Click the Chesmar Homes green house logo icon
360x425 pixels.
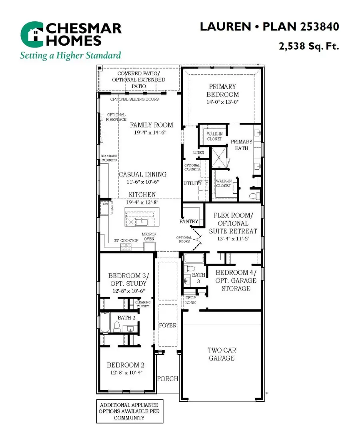click(x=33, y=35)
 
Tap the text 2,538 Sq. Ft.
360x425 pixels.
click(x=309, y=46)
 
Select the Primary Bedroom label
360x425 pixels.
click(x=222, y=90)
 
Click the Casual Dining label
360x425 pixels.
click(x=142, y=174)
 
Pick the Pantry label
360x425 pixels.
click(x=189, y=221)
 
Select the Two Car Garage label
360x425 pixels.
click(x=222, y=354)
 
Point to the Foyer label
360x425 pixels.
click(x=168, y=325)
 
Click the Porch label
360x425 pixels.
click(x=167, y=379)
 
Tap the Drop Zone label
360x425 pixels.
click(x=190, y=300)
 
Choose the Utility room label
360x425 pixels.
click(x=192, y=183)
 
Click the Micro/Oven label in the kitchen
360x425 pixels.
click(x=149, y=237)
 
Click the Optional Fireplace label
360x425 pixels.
click(x=116, y=117)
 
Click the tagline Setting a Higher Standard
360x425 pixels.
click(x=70, y=55)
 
